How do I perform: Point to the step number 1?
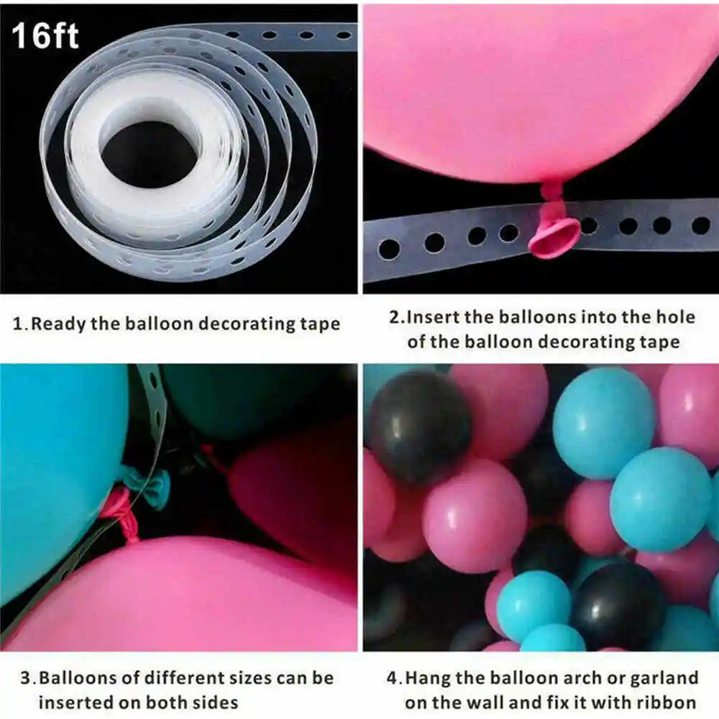pyautogui.click(x=19, y=324)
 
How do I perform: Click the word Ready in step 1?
pyautogui.click(x=58, y=324)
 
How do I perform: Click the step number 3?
pyautogui.click(x=26, y=678)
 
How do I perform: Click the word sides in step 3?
pyautogui.click(x=215, y=702)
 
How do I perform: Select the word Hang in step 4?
pyautogui.click(x=429, y=678)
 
